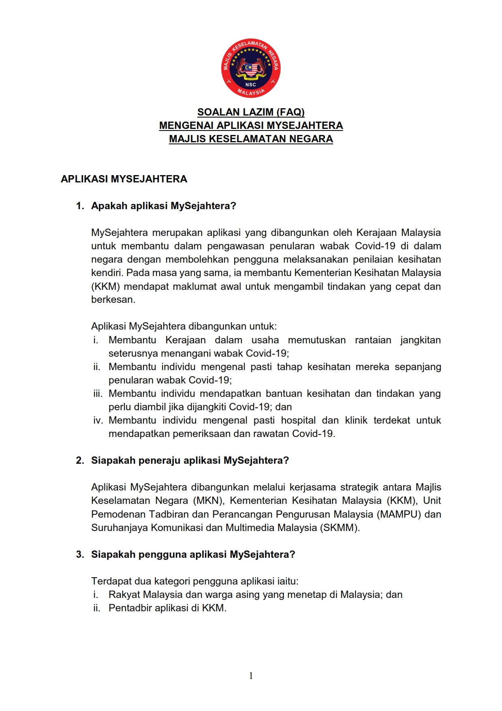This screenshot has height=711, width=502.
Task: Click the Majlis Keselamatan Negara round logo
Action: click(251, 68)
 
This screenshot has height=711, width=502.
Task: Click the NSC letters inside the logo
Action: click(251, 85)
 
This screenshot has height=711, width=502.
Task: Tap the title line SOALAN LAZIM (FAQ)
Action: click(251, 112)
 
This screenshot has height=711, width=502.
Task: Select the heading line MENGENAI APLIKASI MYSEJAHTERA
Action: click(251, 125)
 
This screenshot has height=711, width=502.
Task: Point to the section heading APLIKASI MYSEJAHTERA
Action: click(124, 179)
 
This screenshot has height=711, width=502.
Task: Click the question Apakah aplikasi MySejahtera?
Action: click(163, 206)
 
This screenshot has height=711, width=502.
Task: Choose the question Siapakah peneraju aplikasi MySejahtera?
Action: click(190, 460)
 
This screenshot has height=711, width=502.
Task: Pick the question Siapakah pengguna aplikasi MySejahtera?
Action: click(193, 555)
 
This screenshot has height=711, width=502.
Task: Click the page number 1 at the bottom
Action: click(251, 676)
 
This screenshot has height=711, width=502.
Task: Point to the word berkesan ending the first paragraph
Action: click(113, 300)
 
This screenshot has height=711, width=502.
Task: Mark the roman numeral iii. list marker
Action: click(98, 394)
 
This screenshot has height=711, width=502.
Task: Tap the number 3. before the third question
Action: click(80, 555)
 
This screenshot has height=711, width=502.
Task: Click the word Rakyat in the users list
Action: click(124, 595)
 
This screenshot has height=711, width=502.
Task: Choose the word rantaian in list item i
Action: click(373, 340)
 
